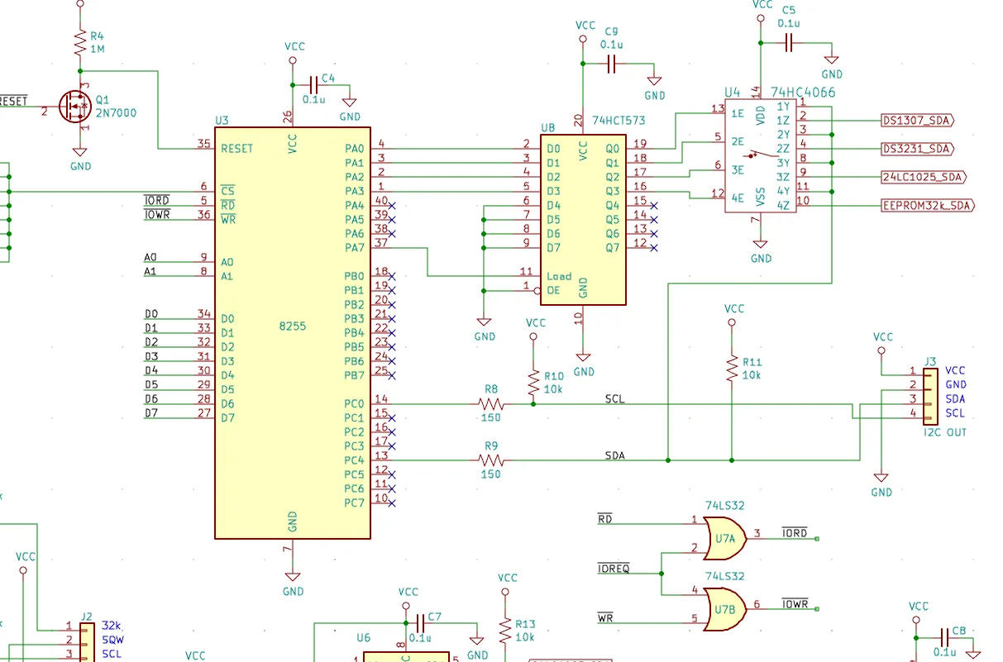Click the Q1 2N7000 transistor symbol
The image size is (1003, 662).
pyautogui.click(x=74, y=107)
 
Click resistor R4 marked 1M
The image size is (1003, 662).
pyautogui.click(x=80, y=42)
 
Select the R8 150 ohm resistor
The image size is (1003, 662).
pyautogui.click(x=491, y=404)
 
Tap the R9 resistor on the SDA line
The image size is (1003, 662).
pyautogui.click(x=491, y=460)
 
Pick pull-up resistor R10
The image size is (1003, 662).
pyautogui.click(x=533, y=383)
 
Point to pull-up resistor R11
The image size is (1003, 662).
pyautogui.click(x=732, y=369)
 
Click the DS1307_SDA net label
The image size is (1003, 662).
pyautogui.click(x=917, y=121)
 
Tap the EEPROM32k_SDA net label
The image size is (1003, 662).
pyautogui.click(x=927, y=206)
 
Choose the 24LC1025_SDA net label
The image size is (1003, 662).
pyautogui.click(x=924, y=177)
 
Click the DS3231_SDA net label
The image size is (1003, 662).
pyautogui.click(x=917, y=149)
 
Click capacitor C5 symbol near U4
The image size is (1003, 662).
pyautogui.click(x=789, y=43)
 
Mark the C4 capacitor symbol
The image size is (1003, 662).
pyautogui.click(x=314, y=85)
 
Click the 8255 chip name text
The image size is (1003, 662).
pyautogui.click(x=293, y=326)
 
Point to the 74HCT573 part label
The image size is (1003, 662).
pyautogui.click(x=619, y=121)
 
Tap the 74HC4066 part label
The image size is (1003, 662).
pyautogui.click(x=803, y=93)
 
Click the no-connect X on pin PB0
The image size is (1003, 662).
pyautogui.click(x=392, y=277)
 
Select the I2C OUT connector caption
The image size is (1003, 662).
pyautogui.click(x=945, y=432)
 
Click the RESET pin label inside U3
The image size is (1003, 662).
pyautogui.click(x=236, y=149)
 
